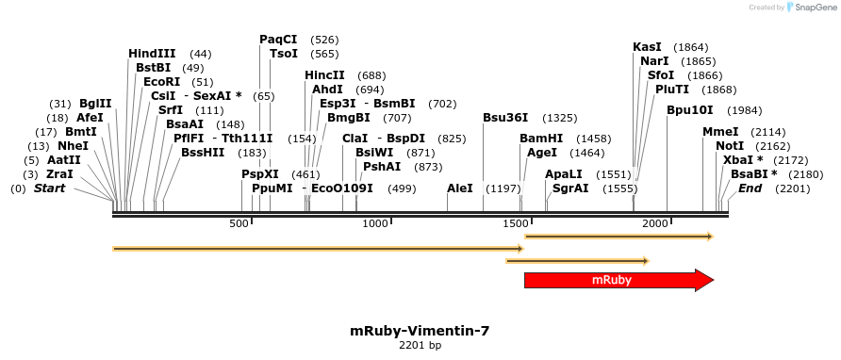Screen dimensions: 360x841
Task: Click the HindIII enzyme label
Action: (x=152, y=54)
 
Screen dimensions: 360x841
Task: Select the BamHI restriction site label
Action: (x=540, y=139)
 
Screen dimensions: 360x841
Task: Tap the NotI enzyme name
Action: (x=729, y=146)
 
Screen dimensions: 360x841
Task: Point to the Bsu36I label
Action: (x=505, y=118)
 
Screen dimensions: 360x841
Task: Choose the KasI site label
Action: (x=647, y=47)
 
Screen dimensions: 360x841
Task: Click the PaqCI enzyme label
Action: (x=278, y=40)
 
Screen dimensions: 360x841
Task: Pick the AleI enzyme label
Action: (x=460, y=188)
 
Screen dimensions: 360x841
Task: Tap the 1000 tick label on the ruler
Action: (x=375, y=222)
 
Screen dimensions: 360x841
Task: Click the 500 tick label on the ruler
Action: (x=239, y=222)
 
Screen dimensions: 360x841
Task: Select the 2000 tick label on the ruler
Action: (x=654, y=222)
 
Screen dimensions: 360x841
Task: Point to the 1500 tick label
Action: (x=516, y=222)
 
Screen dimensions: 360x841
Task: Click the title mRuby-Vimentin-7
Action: (x=420, y=331)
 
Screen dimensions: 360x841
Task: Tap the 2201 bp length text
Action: (x=420, y=346)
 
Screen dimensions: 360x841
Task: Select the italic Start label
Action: (x=51, y=188)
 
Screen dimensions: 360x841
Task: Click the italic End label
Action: (x=750, y=188)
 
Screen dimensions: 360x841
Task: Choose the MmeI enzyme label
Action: (x=720, y=132)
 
